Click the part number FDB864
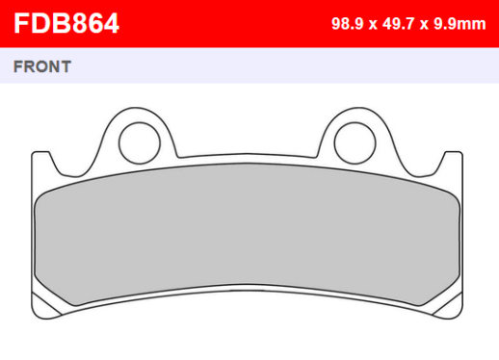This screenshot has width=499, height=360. coord(66,23)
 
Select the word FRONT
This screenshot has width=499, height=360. coord(42,66)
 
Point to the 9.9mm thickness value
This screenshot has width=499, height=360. coord(460,24)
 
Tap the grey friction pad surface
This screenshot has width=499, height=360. coord(248,234)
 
